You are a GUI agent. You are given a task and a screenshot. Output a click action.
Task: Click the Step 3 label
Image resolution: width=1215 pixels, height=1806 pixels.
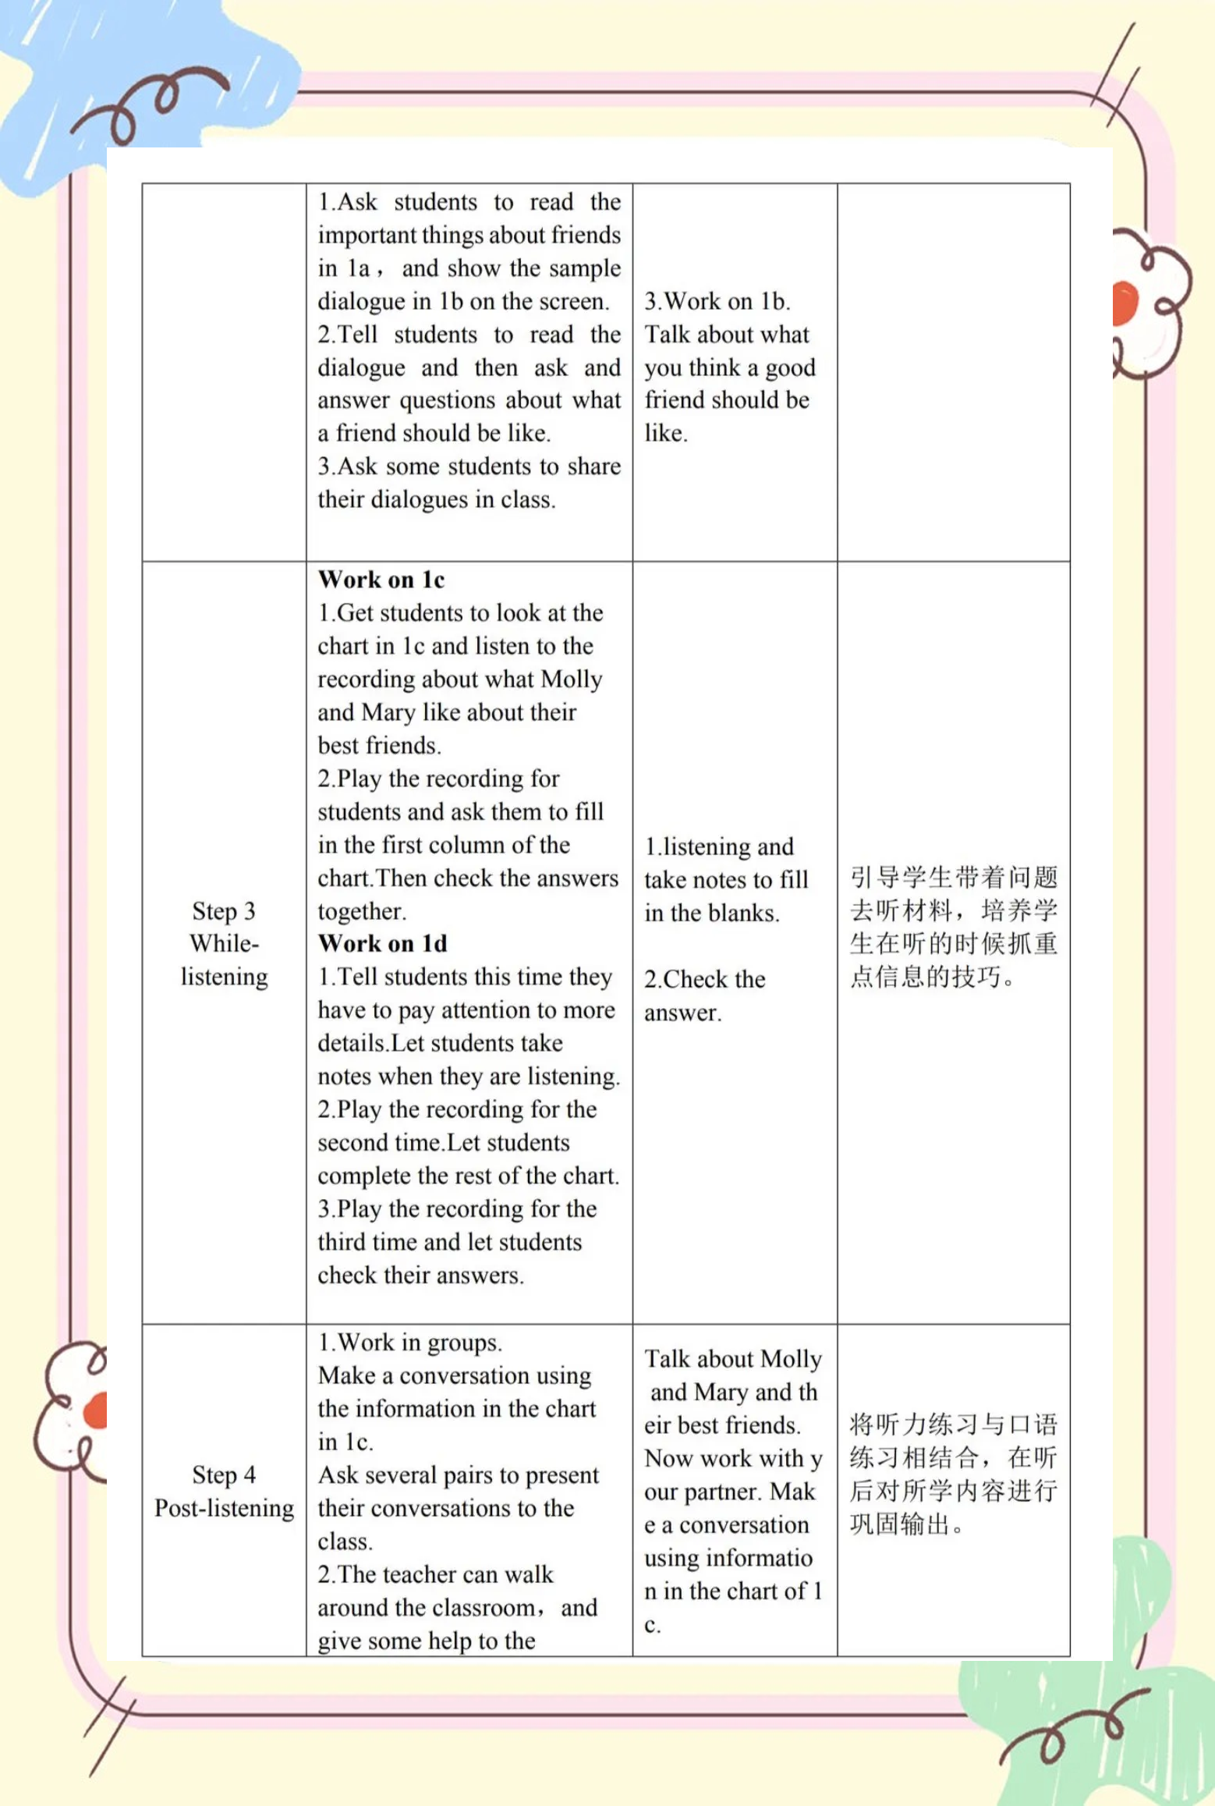coord(224,911)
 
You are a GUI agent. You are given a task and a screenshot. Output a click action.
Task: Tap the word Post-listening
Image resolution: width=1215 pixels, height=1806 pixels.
coord(225,1508)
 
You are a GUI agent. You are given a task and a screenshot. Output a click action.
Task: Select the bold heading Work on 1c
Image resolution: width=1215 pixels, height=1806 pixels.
coord(381,580)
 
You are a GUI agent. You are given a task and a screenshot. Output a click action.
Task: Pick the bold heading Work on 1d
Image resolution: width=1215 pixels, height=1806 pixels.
coord(383,944)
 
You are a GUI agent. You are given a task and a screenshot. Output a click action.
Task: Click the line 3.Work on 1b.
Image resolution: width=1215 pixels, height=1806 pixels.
coord(717,301)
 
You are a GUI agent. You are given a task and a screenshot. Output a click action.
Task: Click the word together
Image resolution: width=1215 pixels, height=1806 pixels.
coord(361,911)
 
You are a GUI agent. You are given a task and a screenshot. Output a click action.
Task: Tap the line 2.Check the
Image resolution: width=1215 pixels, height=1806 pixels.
coord(705,979)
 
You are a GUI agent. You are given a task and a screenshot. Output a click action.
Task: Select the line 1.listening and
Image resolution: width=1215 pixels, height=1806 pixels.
coord(719,846)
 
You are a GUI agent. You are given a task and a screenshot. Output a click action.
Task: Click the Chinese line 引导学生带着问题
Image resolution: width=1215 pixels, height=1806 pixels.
coord(953,878)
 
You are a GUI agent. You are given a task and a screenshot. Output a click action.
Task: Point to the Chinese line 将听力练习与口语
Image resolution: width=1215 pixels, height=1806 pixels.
coord(953,1425)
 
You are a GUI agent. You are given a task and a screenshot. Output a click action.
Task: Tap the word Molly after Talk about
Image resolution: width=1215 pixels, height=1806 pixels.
coord(790,1359)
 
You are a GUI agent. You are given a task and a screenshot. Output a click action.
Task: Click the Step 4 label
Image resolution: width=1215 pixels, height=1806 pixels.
coord(224,1475)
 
